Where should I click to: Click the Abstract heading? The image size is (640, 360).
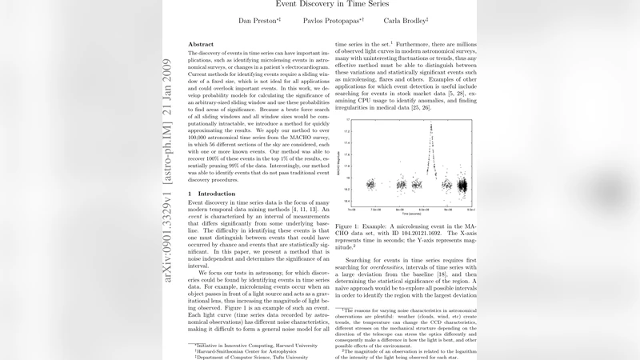point(200,44)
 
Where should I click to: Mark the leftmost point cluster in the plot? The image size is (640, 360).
point(370,184)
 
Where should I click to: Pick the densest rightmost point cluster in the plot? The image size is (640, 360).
point(462,186)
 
